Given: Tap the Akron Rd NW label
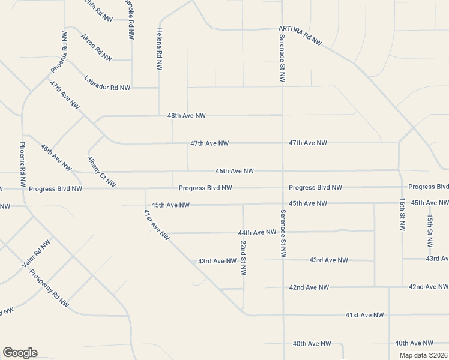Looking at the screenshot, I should click(97, 47).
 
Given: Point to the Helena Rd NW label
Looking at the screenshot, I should click(160, 50).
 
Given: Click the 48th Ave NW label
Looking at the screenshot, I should click(186, 115).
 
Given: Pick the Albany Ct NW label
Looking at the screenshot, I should click(101, 172).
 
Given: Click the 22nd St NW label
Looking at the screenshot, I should click(243, 258).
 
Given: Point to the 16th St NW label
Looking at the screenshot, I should click(402, 215).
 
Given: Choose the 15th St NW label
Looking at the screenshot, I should click(430, 231).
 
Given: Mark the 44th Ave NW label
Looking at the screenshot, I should click(257, 232).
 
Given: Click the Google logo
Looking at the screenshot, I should click(20, 353).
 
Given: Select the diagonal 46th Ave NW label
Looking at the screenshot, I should click(56, 157).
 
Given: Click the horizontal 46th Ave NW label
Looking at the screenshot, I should click(234, 171).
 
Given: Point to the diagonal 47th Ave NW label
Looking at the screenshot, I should click(65, 95).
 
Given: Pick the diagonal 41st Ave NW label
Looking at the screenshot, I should click(157, 225).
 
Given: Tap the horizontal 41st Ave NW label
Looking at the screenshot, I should click(364, 315).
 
